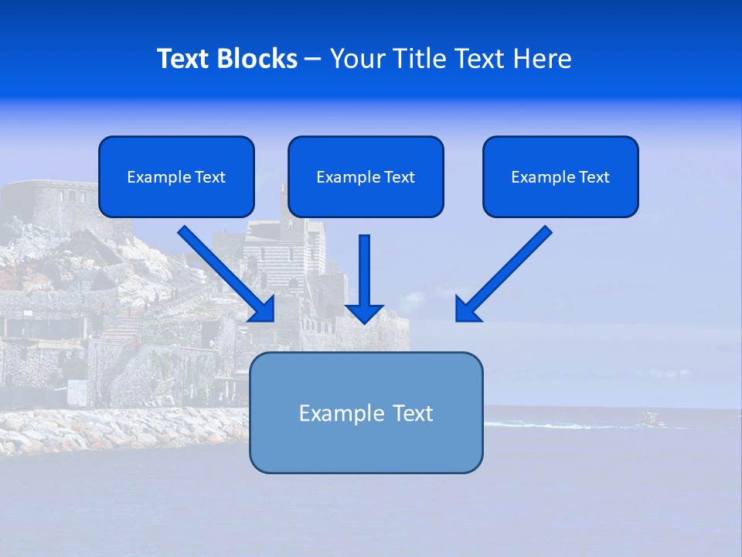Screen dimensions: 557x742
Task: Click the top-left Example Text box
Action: coord(176,176)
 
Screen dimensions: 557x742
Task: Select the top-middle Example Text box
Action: coord(366,176)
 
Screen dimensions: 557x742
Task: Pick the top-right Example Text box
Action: coord(560,176)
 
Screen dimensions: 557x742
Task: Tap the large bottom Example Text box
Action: coord(366,412)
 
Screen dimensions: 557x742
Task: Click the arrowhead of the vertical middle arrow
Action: coord(364,313)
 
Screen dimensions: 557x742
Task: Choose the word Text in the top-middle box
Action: coord(399,176)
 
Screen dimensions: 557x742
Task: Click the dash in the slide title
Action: coord(313,59)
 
